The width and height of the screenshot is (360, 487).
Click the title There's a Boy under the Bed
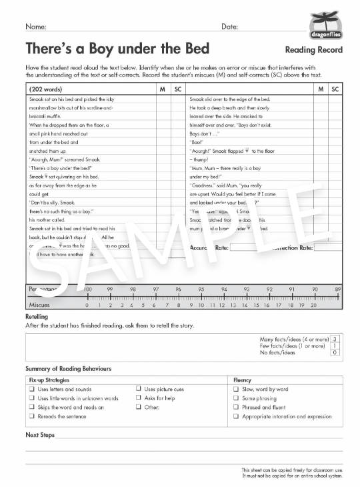click(x=117, y=49)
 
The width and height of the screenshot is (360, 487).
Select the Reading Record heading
click(x=313, y=50)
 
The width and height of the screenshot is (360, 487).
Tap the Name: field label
click(x=36, y=27)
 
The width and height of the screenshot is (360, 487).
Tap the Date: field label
click(x=229, y=27)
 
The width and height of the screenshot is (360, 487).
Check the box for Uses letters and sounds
click(x=31, y=389)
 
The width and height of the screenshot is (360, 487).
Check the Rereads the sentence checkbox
click(x=31, y=416)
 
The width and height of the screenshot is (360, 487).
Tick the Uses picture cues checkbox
click(x=139, y=389)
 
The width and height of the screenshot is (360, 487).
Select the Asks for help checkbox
click(x=139, y=398)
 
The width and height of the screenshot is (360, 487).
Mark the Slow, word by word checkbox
click(x=236, y=389)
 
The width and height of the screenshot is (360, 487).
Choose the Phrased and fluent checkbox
click(x=236, y=407)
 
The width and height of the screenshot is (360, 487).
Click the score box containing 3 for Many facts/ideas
click(x=334, y=340)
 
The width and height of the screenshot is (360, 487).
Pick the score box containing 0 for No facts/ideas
click(x=334, y=352)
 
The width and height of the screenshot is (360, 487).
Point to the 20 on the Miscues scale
click(x=313, y=305)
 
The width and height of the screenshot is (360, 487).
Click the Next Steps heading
click(x=40, y=435)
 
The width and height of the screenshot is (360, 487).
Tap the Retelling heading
click(x=38, y=317)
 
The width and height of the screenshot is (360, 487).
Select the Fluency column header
click(x=242, y=379)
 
